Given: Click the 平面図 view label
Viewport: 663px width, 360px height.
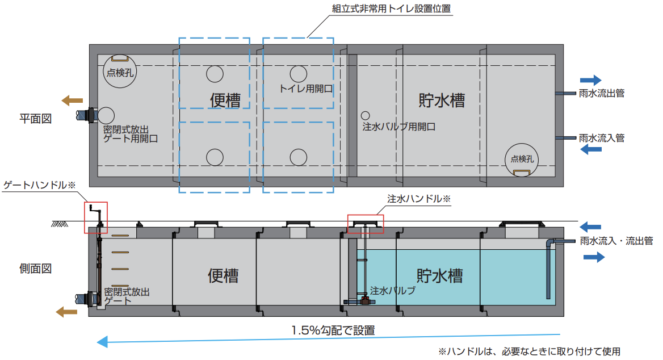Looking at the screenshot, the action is pos(36,119).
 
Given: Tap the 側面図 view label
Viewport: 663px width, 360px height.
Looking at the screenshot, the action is pos(36,269).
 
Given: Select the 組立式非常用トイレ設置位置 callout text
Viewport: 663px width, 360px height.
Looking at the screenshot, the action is pos(391,9).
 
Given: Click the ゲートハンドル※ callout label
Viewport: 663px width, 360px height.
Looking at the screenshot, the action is pos(39,185).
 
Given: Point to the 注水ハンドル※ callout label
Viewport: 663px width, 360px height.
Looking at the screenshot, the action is pos(419,199).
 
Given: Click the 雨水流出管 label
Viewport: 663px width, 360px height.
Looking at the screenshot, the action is pos(602,94).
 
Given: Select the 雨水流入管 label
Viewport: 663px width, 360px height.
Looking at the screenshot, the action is pos(602,138).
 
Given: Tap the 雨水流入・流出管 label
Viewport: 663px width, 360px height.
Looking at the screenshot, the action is pos(616,241).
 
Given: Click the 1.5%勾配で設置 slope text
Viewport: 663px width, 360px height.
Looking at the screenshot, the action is pos(333,330).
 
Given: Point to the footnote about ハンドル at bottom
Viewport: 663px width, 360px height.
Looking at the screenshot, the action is pos(530,351).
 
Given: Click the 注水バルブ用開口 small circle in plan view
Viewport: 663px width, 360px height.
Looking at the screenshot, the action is pos(366,115).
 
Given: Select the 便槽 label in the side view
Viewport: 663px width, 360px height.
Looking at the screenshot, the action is pos(223,276).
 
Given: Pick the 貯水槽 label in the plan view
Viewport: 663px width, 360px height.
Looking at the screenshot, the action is pos(442,101).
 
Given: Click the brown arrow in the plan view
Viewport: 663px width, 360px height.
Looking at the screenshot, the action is pos(72,101).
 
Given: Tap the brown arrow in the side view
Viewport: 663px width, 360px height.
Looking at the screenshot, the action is pos(67,312).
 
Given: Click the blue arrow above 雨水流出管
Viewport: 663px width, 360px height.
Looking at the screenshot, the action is pos(591,80).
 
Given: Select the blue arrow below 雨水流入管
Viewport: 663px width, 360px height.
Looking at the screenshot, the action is pos(591,149).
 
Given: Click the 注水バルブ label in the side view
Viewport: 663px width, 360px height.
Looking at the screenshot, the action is pos(393,291).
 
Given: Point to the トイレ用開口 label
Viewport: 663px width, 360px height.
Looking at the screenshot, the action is pos(306,89).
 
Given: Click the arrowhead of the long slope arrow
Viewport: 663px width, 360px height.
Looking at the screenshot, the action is pos(102,342).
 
